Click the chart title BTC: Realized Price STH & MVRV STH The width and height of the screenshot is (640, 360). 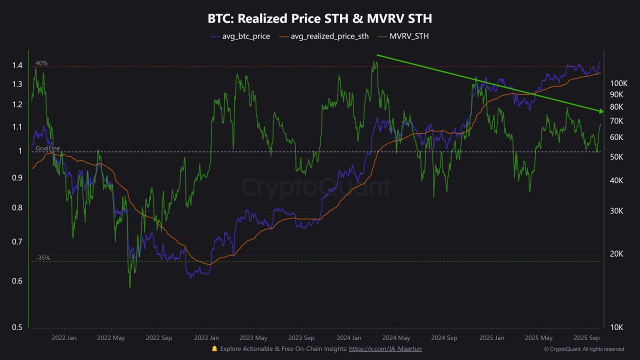tap(319, 19)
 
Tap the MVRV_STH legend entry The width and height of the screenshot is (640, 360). tap(409, 36)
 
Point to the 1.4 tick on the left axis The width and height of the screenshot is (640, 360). tap(17, 65)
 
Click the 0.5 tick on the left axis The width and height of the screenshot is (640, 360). tap(17, 327)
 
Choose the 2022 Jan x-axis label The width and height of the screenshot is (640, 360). tap(64, 338)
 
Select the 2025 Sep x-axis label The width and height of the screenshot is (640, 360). tap(587, 338)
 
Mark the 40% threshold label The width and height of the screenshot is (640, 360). tap(41, 63)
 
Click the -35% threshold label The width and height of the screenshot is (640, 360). tap(43, 258)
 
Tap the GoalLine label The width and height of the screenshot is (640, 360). tap(47, 148)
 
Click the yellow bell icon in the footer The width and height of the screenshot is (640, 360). tap(214, 348)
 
